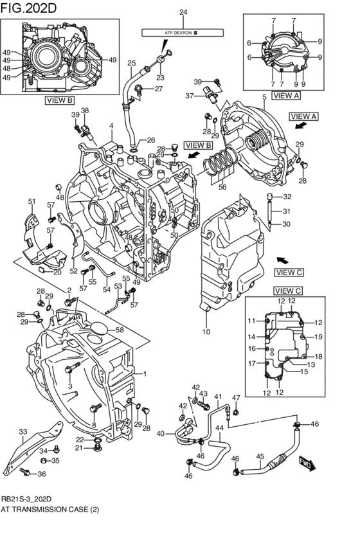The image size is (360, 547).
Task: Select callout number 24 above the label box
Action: (165, 13)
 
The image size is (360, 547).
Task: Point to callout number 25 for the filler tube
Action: (131, 63)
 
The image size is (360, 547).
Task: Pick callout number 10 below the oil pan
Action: (206, 332)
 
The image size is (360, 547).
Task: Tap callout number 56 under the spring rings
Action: (222, 188)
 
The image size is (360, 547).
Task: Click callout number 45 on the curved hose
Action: (260, 457)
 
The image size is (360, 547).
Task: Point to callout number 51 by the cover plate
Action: (32, 202)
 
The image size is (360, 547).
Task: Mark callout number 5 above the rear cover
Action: (263, 96)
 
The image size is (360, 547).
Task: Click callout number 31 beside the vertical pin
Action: (287, 211)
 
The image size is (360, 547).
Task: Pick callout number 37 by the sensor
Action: (190, 95)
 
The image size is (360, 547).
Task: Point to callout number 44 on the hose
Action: (219, 427)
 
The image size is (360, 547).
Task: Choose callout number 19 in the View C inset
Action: (318, 337)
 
